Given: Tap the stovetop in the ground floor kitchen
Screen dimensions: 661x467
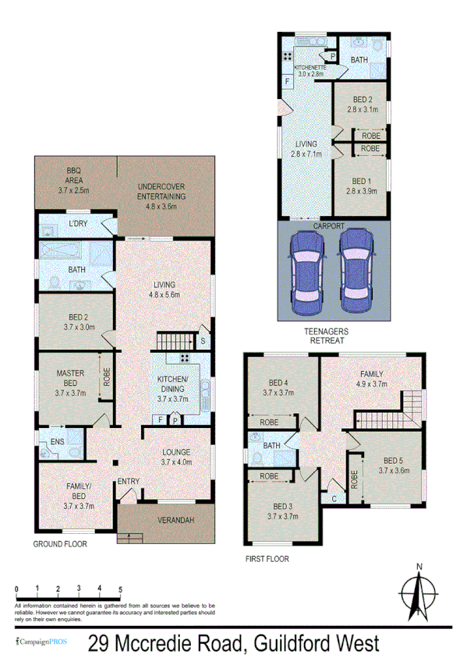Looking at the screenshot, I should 187,359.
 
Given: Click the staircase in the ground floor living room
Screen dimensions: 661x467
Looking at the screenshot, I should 174,341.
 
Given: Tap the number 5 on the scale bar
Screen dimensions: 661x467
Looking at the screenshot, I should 120,589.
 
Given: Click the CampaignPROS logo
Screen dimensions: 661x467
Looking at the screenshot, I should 41,644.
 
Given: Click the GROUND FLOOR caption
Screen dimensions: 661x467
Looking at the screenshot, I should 60,544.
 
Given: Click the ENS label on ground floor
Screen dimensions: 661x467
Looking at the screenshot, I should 56,442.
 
